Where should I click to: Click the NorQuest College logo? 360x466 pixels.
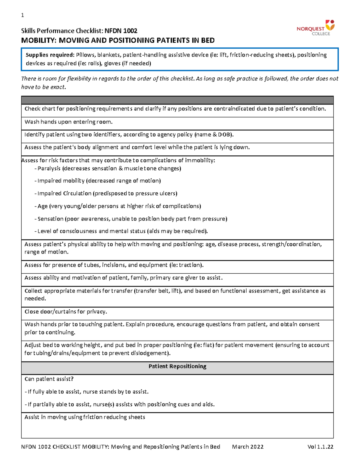click(x=315, y=28)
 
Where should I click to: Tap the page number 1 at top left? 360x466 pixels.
click(x=22, y=15)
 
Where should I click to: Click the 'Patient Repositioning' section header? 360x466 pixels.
click(x=177, y=366)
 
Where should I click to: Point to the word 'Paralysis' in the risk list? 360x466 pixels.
click(x=49, y=169)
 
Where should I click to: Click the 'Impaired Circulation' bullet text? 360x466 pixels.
click(x=64, y=194)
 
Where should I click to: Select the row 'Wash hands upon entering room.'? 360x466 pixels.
click(x=68, y=122)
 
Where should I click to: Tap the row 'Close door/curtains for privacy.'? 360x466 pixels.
click(x=66, y=312)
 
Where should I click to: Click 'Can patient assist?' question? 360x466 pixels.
click(x=49, y=379)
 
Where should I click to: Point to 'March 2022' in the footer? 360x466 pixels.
click(x=247, y=447)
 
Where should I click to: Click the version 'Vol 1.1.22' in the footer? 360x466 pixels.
click(x=320, y=447)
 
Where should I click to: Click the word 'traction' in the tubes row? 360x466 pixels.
click(x=190, y=265)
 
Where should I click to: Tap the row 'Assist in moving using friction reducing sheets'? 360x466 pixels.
click(x=85, y=417)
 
